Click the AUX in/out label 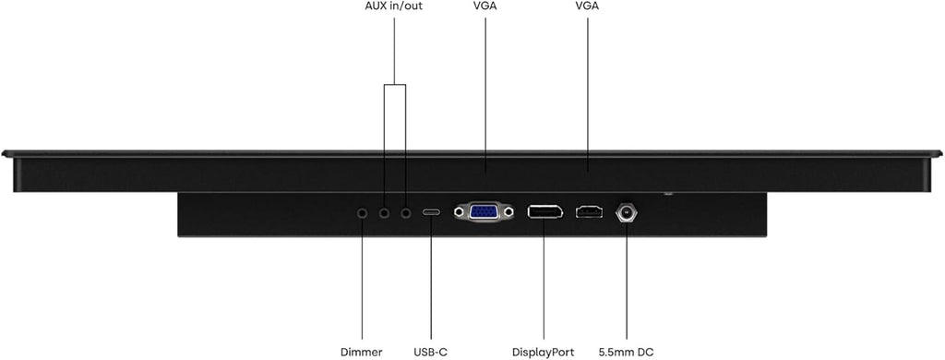pos(394,7)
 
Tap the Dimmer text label pos(362,353)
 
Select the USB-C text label pos(431,353)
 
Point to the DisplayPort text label pos(543,353)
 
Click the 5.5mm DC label pos(627,353)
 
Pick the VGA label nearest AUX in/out pos(485,7)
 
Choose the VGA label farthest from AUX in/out pos(588,7)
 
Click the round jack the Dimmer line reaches pos(362,212)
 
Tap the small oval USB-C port pos(431,212)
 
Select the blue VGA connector pos(484,211)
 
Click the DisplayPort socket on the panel pos(544,211)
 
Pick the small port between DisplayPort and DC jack pos(589,212)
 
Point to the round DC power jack pos(627,212)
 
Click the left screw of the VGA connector pos(461,211)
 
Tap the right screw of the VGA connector pos(508,211)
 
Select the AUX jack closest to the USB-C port pos(406,212)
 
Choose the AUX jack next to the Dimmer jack pos(384,212)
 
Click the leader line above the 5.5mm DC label pos(627,281)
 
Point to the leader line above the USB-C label pos(431,278)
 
